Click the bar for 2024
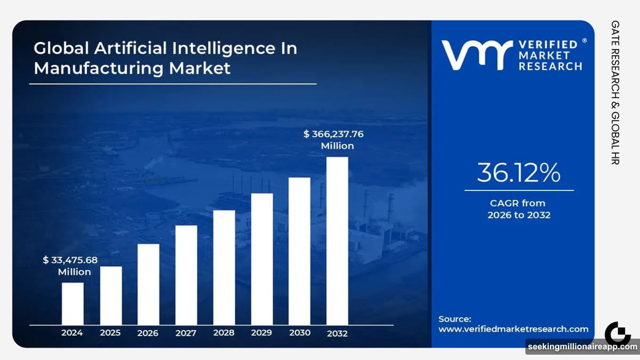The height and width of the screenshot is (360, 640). (73, 303)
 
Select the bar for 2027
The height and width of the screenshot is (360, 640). (186, 275)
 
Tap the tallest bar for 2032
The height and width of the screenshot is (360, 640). (337, 241)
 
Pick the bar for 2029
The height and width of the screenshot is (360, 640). (262, 259)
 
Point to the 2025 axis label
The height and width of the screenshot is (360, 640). (110, 333)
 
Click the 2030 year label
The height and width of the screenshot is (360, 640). (300, 333)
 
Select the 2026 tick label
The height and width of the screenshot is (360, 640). (148, 333)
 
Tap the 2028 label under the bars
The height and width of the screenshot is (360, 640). (224, 333)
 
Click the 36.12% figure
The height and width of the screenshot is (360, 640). (518, 173)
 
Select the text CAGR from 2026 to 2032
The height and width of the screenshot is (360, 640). (518, 209)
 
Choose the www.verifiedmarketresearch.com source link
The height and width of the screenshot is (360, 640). (513, 329)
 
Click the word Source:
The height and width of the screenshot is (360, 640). (455, 319)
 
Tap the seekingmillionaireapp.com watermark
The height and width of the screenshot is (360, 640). (582, 347)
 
